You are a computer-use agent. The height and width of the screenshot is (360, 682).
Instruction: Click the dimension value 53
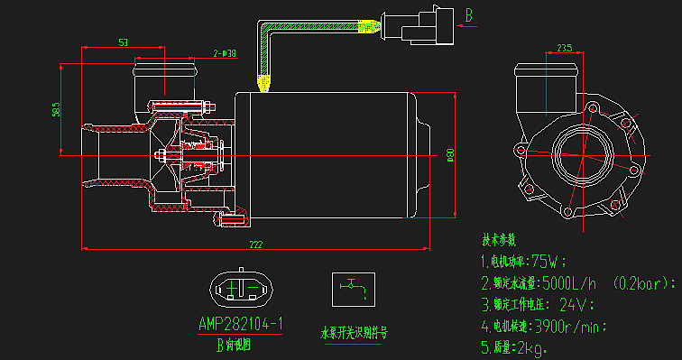tap(123, 42)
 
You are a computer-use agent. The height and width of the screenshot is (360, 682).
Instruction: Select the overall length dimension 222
tap(255, 244)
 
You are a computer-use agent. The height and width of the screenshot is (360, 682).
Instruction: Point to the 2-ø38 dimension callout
tap(225, 53)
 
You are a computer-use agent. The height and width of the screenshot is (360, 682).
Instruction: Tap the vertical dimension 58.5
tap(56, 109)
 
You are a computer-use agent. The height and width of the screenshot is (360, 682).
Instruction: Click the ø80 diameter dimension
tap(450, 155)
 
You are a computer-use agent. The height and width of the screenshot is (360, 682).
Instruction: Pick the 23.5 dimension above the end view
tap(564, 48)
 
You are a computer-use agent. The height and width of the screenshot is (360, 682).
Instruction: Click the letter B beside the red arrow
tap(469, 15)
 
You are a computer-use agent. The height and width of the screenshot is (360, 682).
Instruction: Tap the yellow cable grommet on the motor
tap(264, 84)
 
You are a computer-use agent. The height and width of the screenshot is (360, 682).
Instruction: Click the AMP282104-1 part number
tap(241, 323)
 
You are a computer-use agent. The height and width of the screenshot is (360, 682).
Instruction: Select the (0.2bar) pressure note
tap(641, 282)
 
